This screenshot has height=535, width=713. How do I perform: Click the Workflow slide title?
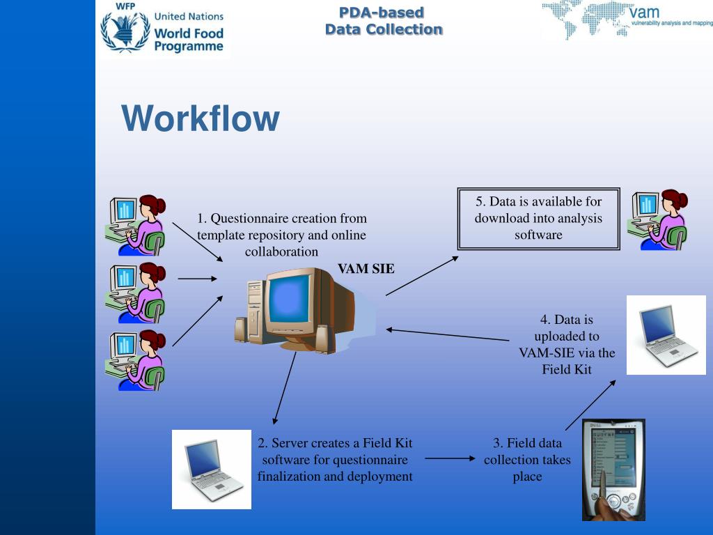[201, 118]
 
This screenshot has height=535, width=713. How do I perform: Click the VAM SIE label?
[366, 269]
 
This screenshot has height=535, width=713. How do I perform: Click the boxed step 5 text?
[538, 219]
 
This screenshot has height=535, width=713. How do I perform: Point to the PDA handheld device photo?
[613, 470]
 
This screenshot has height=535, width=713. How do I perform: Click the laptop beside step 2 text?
[211, 470]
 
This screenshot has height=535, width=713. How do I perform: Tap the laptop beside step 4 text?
[666, 335]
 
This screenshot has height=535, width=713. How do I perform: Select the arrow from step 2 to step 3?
[448, 458]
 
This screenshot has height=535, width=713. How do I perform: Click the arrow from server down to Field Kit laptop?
[285, 387]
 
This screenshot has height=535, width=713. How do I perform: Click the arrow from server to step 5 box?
[422, 276]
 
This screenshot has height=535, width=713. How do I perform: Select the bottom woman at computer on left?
[136, 359]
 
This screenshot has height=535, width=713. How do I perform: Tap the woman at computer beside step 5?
[658, 219]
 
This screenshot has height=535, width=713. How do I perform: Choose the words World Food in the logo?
[188, 33]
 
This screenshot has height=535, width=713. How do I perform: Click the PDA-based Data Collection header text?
[383, 21]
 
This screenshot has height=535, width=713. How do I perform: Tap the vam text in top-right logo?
[643, 13]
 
